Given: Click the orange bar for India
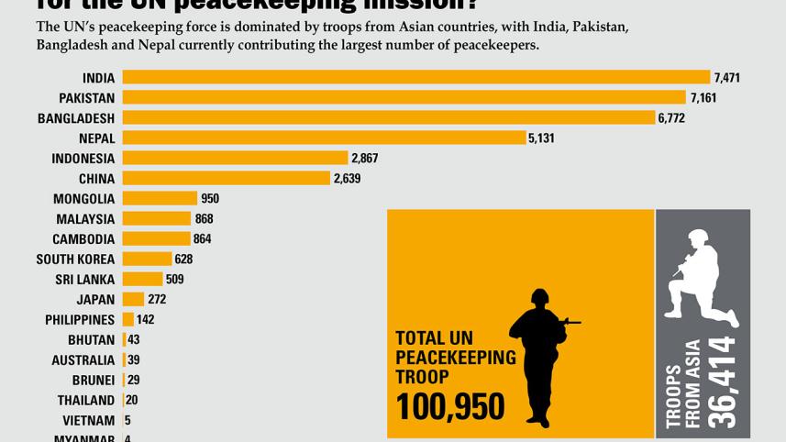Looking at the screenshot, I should click(x=416, y=77).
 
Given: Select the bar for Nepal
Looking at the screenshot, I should click(x=324, y=138).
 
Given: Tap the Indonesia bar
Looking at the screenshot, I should click(x=235, y=158).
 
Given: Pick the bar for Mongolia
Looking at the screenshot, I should click(x=160, y=198).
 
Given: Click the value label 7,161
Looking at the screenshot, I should click(x=703, y=98).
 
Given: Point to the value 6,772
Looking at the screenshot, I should click(x=670, y=118).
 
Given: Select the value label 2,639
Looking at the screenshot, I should click(x=347, y=179).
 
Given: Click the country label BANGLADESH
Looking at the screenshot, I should click(x=76, y=118).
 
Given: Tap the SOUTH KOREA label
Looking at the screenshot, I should click(x=75, y=260).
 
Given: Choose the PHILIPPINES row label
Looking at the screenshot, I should click(x=80, y=320).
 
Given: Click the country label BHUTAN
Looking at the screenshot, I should click(x=92, y=340).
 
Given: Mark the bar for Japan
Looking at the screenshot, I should click(x=133, y=299).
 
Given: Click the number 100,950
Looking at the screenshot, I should click(x=449, y=404).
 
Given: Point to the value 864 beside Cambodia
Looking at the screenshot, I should click(x=204, y=239).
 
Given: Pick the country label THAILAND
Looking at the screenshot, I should click(x=86, y=401).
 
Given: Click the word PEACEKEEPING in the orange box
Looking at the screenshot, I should click(x=455, y=357).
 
